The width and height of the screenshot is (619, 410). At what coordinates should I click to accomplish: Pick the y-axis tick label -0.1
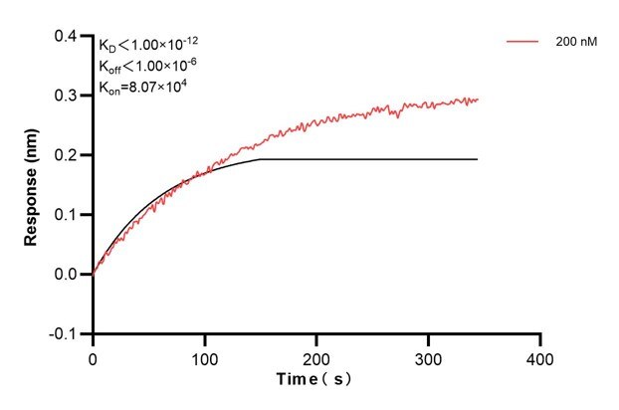pos(65,333)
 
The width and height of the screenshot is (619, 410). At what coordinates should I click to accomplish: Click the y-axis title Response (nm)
pos(31,184)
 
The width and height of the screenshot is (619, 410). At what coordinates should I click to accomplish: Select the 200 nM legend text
pos(575,43)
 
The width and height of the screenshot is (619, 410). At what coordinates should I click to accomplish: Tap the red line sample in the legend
pos(523,43)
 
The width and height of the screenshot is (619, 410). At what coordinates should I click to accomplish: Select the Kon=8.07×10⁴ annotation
pos(143,87)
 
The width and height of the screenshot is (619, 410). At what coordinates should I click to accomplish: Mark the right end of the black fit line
pos(478,159)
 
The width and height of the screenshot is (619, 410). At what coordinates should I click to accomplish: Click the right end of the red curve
pos(478,100)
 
